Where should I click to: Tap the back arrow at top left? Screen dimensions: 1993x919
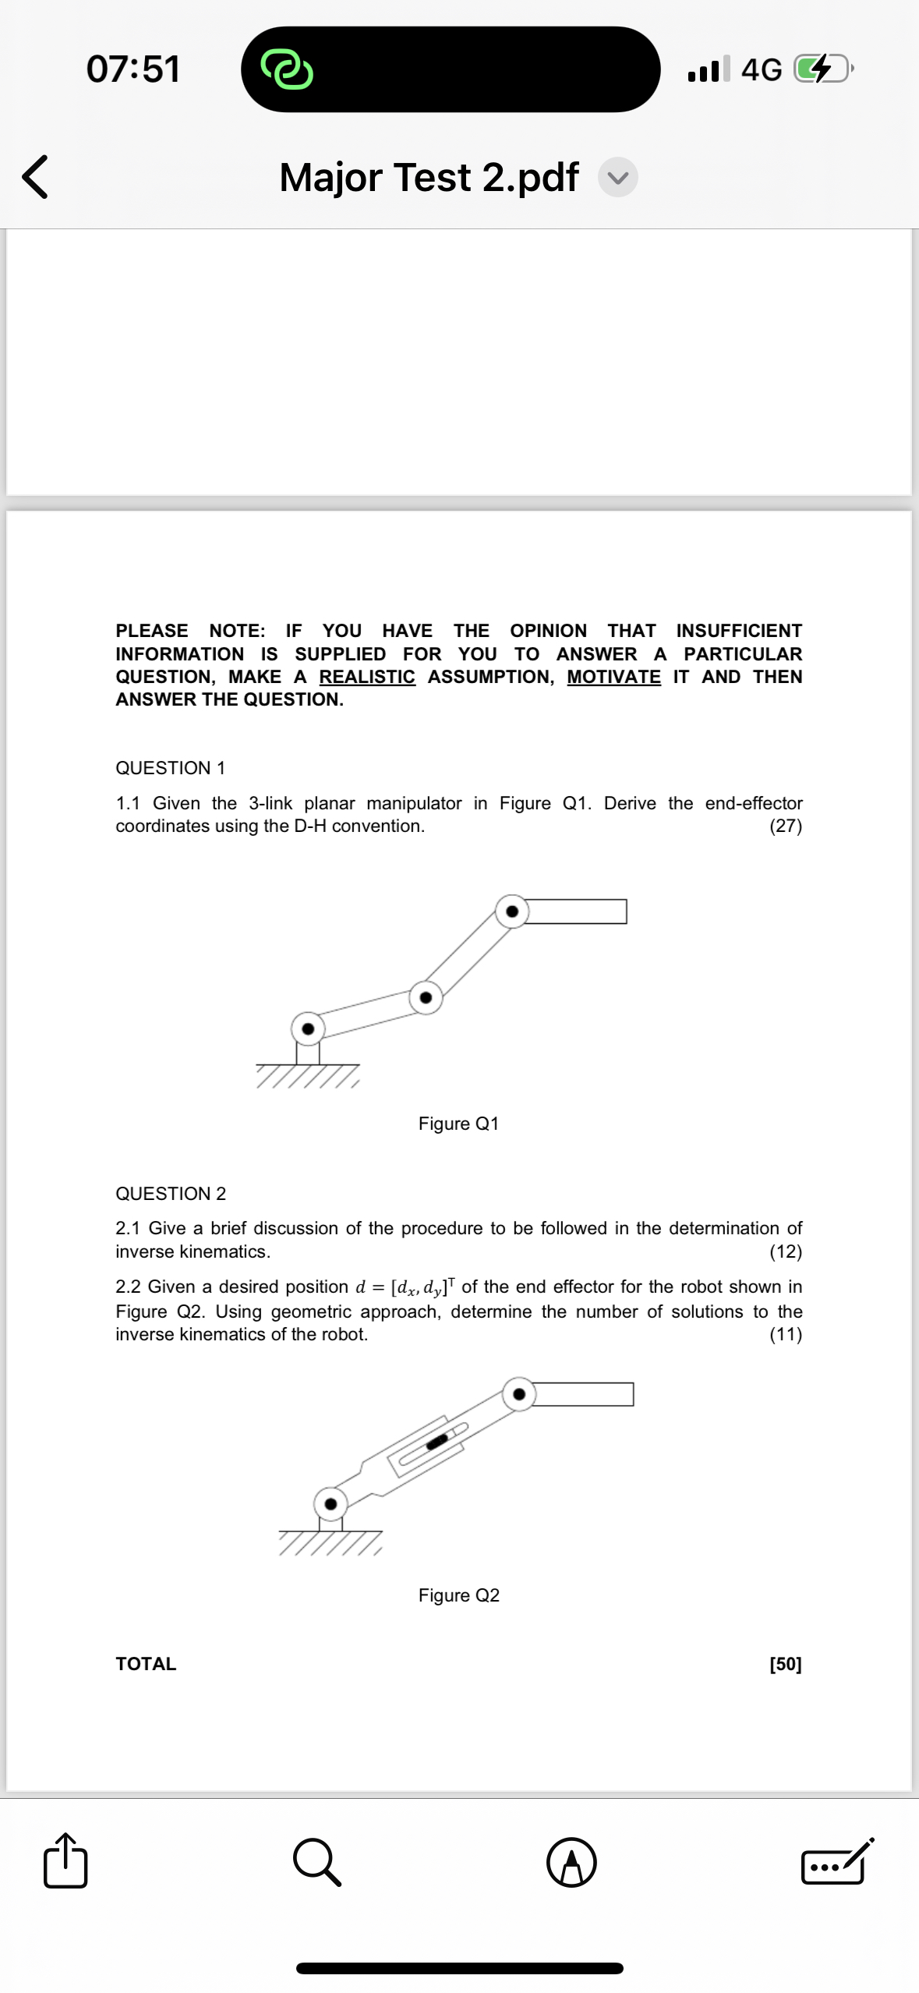click(x=35, y=177)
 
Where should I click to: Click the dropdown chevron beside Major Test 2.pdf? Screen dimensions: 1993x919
click(x=618, y=178)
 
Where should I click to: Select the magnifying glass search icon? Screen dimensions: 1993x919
click(x=317, y=1862)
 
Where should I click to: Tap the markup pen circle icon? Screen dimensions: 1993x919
click(x=571, y=1862)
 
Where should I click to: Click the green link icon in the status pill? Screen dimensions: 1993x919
click(x=287, y=69)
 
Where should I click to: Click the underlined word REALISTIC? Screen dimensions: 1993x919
click(x=367, y=677)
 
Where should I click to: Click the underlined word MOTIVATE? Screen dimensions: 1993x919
click(x=613, y=677)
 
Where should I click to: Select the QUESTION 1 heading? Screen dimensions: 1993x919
click(x=171, y=768)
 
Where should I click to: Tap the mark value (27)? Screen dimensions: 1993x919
click(x=786, y=826)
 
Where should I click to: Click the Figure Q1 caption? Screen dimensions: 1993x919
click(x=458, y=1124)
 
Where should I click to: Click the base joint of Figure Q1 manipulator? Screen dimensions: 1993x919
click(x=308, y=1028)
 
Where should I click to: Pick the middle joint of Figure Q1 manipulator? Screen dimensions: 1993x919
click(x=426, y=997)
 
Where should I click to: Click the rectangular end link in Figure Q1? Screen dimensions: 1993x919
click(x=577, y=912)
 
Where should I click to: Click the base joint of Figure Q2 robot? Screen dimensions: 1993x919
click(x=330, y=1503)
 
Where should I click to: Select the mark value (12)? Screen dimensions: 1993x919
click(x=786, y=1251)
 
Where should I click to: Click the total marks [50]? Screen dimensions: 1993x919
click(x=786, y=1664)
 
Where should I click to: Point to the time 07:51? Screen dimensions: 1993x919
click(x=133, y=69)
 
